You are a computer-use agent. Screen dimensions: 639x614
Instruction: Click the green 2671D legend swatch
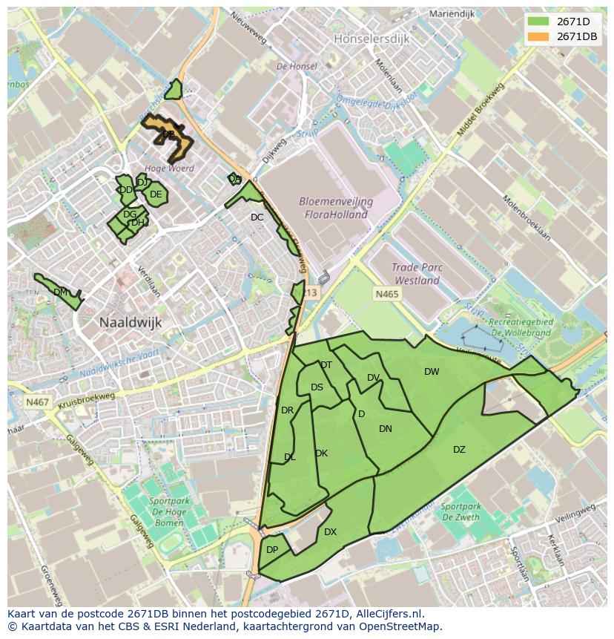(538, 22)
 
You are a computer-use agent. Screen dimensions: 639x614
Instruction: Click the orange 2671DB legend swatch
(538, 36)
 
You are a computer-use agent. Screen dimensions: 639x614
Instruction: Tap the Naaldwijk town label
(131, 323)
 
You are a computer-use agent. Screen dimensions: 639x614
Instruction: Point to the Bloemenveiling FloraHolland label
(336, 208)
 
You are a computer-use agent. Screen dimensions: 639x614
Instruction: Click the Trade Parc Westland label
(417, 275)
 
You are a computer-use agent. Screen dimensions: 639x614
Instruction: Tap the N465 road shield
(386, 295)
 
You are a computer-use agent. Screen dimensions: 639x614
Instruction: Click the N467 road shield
(36, 402)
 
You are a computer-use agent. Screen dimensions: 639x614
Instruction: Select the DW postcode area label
(432, 372)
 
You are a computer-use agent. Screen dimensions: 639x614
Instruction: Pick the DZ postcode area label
(459, 450)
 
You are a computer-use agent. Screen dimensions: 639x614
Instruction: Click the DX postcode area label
(330, 532)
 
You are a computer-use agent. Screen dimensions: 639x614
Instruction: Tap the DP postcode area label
(272, 550)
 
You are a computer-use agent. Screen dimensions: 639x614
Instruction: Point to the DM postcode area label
(61, 292)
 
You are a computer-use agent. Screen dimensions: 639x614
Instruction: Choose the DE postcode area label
(156, 194)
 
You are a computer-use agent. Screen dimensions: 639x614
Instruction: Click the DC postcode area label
(257, 217)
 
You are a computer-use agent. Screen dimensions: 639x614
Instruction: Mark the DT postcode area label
(326, 364)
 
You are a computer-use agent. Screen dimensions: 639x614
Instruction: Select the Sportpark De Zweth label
(460, 512)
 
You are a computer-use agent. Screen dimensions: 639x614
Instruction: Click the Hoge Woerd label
(170, 168)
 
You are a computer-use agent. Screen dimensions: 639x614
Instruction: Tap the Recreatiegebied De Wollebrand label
(520, 327)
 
